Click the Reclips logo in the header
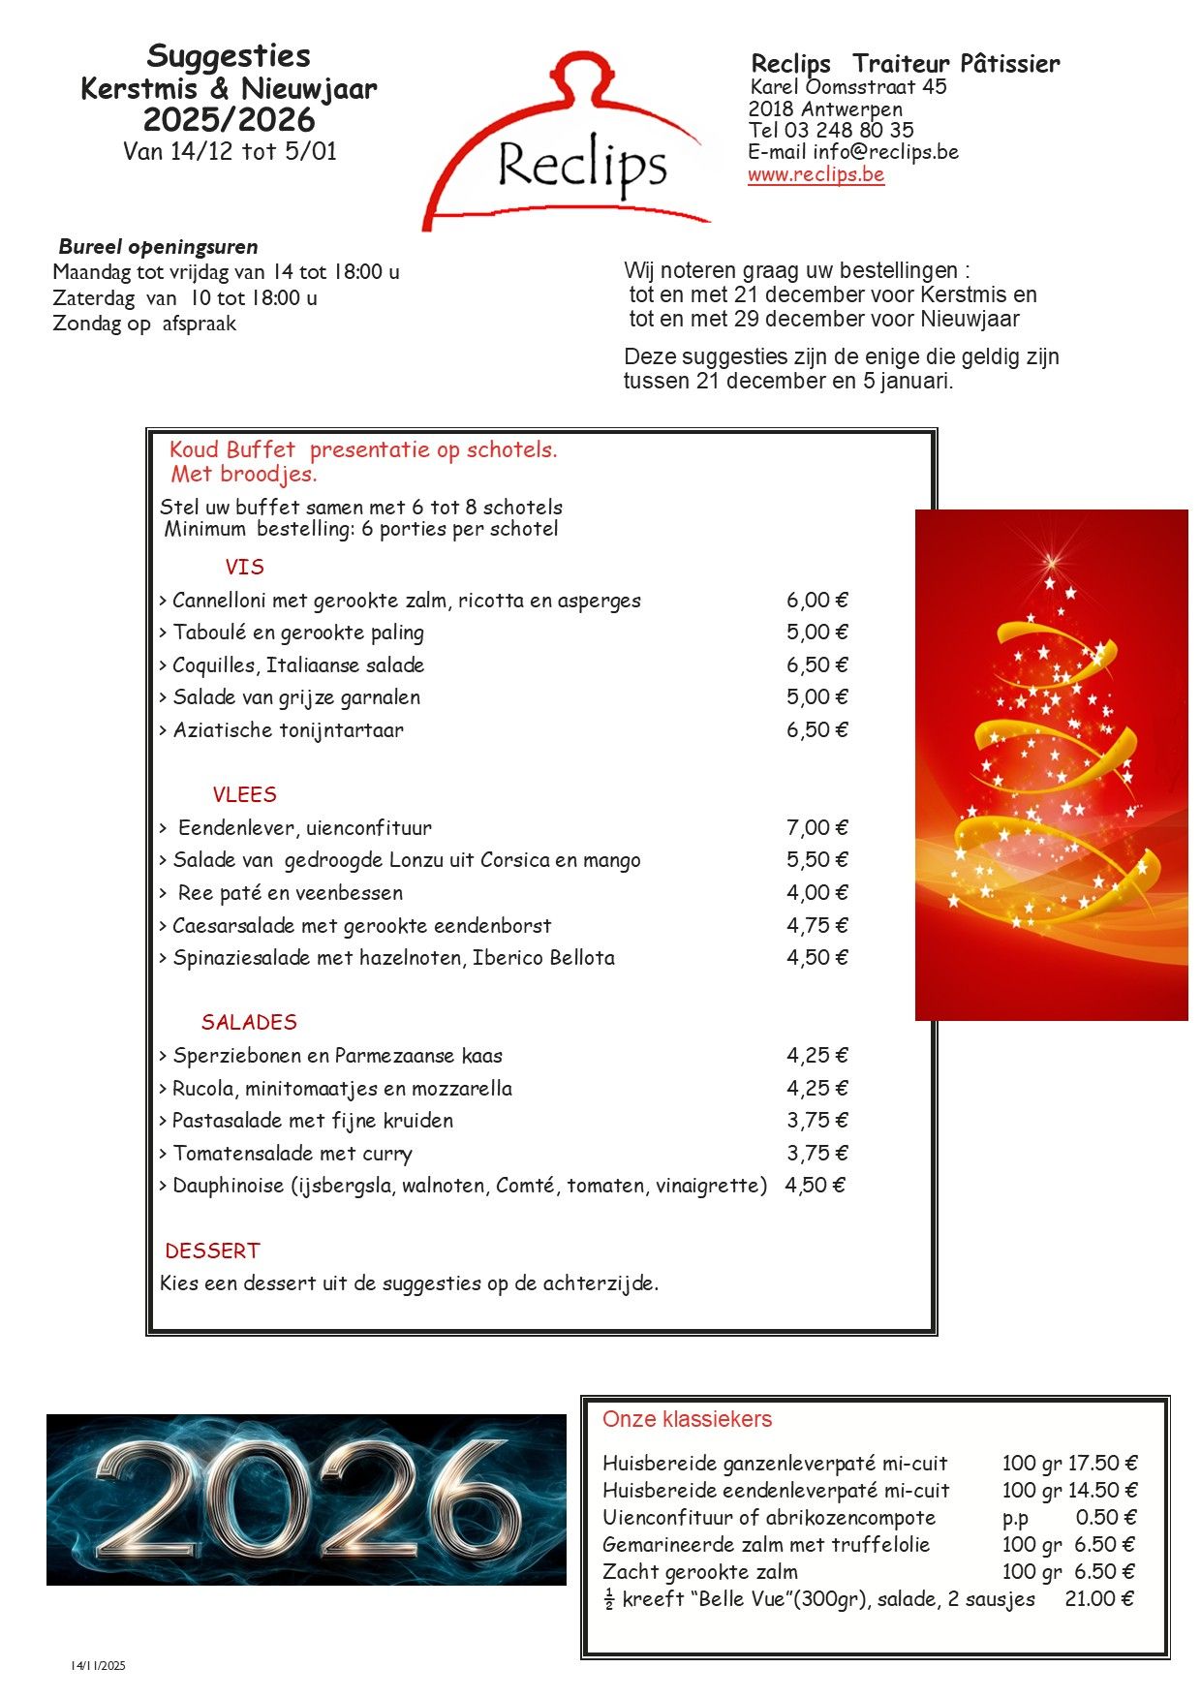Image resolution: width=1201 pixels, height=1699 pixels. click(x=571, y=145)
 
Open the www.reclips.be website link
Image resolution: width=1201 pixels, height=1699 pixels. click(x=816, y=175)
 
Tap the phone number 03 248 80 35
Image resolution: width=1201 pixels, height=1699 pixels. click(x=848, y=130)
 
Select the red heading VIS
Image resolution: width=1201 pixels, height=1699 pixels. click(x=244, y=568)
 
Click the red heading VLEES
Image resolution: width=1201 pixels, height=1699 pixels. click(x=244, y=795)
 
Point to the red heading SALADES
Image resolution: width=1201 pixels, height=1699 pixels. click(x=249, y=1023)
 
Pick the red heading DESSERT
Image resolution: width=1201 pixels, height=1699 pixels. click(x=212, y=1251)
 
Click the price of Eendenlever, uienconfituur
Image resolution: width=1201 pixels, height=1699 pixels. click(x=816, y=828)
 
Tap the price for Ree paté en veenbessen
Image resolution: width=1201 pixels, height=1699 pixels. click(x=816, y=893)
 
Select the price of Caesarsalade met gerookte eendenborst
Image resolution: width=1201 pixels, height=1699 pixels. click(x=816, y=926)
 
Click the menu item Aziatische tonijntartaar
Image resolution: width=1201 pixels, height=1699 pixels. click(x=288, y=730)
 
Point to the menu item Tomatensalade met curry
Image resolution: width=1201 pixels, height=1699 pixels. click(x=293, y=1154)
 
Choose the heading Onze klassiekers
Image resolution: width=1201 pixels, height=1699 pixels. click(x=687, y=1420)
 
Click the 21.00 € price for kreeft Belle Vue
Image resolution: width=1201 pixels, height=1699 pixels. click(x=1098, y=1599)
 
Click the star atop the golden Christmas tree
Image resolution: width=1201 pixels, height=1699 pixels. click(x=1052, y=561)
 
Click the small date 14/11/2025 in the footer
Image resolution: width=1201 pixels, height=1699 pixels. click(x=98, y=1666)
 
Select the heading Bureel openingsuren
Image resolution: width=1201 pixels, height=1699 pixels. click(x=158, y=247)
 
